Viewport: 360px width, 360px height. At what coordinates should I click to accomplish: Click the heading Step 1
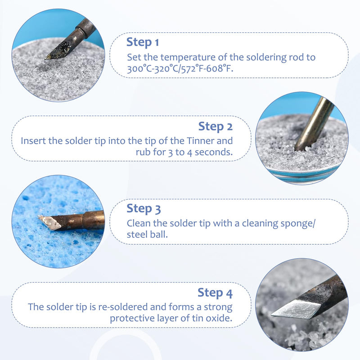[x=143, y=42]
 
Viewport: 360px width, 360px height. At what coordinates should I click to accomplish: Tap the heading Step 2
[x=216, y=126]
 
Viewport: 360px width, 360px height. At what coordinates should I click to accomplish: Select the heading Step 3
[x=144, y=209]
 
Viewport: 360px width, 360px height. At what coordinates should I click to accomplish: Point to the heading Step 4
[x=215, y=293]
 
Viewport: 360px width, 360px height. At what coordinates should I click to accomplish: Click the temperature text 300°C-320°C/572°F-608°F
[x=180, y=68]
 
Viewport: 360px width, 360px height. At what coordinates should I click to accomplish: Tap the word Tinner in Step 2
[x=200, y=141]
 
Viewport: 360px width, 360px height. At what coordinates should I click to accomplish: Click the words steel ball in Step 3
[x=147, y=234]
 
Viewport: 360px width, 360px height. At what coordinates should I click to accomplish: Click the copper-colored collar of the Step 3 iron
[x=93, y=220]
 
